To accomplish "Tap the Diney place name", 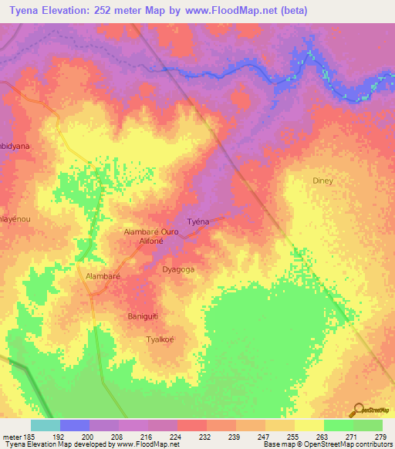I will click(322, 181).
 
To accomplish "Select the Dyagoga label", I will click(178, 269).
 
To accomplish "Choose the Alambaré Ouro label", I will click(151, 231).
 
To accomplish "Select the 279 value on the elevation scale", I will click(380, 437).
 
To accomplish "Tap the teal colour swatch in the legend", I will click(46, 425).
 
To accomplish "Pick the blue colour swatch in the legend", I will click(75, 425).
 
